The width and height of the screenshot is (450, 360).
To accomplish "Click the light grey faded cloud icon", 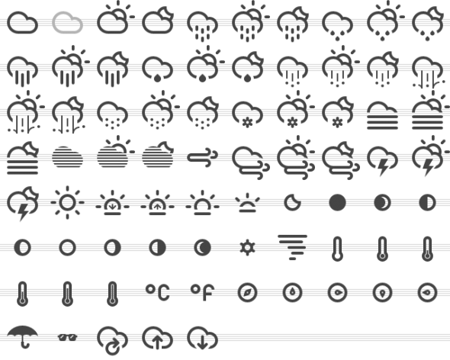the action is (67, 22).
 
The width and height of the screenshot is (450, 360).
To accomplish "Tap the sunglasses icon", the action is (67, 337).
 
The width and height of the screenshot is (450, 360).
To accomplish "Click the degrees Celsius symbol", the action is (158, 293).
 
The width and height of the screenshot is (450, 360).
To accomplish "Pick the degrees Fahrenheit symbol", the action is (203, 293).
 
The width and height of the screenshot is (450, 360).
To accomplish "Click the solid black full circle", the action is (337, 203).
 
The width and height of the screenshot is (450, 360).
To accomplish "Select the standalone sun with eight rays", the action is (67, 203).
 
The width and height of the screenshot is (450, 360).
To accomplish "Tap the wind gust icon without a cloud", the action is (203, 158).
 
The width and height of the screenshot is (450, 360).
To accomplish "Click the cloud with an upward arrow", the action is (158, 338).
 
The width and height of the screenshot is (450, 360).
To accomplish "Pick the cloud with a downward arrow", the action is (203, 338).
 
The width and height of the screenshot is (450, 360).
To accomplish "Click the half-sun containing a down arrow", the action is (113, 203).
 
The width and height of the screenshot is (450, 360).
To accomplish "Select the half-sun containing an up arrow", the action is (158, 203).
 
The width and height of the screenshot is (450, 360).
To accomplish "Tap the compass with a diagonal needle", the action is (247, 293).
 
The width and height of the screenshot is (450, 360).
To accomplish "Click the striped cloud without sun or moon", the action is (67, 157).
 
